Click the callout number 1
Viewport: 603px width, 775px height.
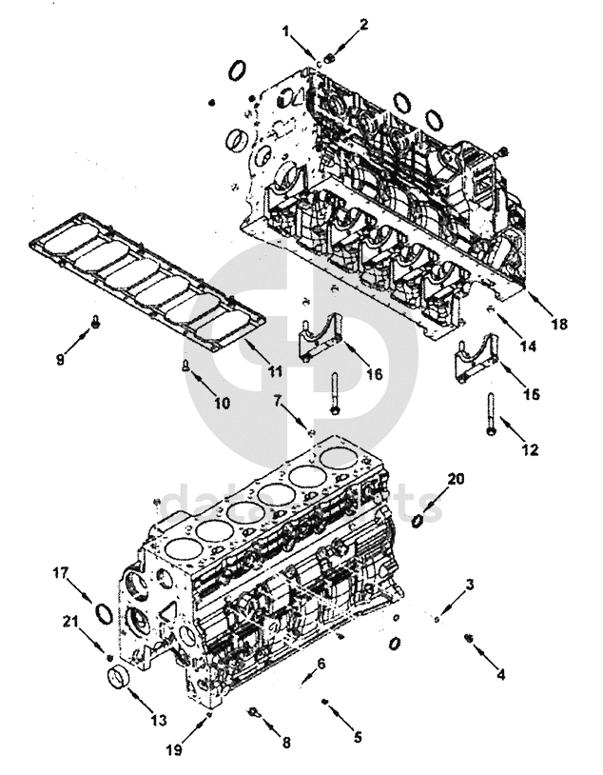click(285, 31)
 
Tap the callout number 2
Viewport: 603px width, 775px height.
click(363, 24)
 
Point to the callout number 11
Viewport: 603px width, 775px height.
click(275, 369)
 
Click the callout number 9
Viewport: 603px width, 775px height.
click(60, 359)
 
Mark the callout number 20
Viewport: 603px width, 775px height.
click(456, 479)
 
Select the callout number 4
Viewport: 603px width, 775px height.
click(500, 674)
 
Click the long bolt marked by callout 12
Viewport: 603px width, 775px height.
click(491, 414)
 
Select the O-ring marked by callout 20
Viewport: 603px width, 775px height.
click(418, 520)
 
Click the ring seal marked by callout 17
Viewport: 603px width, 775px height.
click(103, 615)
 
